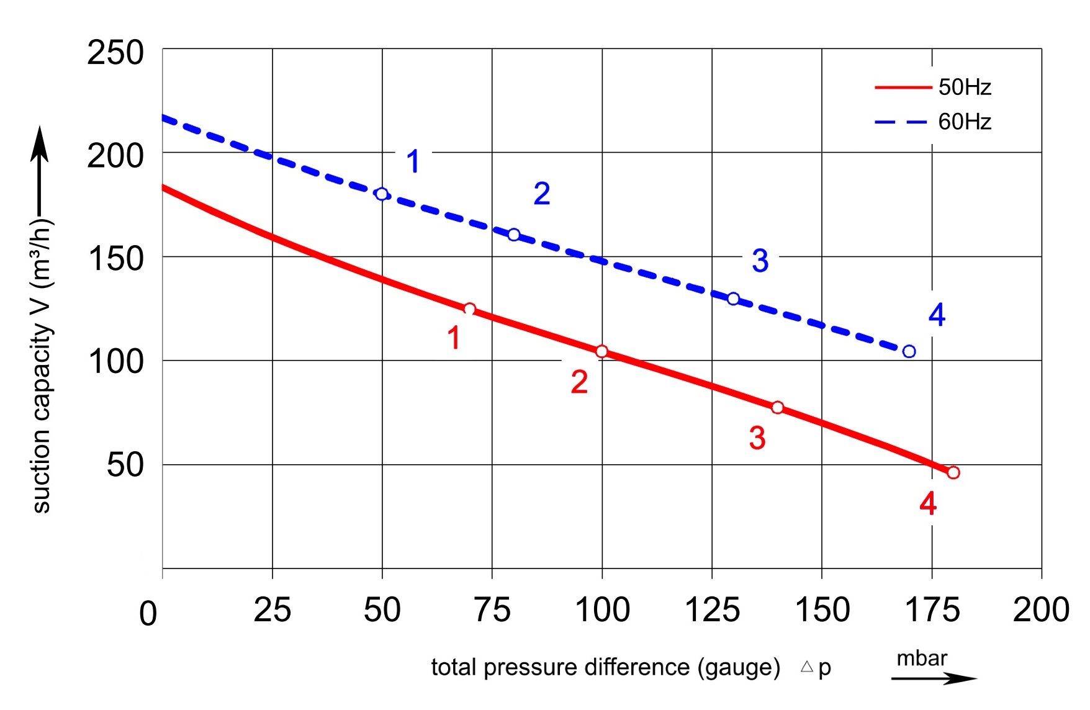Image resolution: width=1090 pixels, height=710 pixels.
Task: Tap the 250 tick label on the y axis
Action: (x=115, y=53)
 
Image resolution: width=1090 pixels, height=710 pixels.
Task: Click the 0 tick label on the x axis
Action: (x=148, y=614)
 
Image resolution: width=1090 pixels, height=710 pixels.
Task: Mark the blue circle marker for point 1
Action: (x=382, y=194)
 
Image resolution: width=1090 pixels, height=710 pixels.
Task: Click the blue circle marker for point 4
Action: (x=909, y=352)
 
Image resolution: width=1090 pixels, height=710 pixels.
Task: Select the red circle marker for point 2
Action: (x=601, y=352)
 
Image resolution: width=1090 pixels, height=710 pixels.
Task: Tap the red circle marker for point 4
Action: (x=953, y=473)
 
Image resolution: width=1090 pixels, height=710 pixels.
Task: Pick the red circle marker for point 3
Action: (x=777, y=408)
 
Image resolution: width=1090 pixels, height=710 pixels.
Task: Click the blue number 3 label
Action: (x=760, y=261)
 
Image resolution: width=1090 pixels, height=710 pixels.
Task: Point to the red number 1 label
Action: (x=454, y=338)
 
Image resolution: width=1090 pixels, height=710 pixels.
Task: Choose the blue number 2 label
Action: (x=542, y=194)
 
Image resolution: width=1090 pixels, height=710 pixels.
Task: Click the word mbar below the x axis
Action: (x=922, y=658)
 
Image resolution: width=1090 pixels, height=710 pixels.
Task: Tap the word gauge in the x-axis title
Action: (x=739, y=668)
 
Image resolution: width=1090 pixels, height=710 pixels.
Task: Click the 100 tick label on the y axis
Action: (x=115, y=361)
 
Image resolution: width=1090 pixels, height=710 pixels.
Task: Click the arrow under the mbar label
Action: (x=934, y=678)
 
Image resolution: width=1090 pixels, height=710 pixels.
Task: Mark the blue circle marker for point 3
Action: (x=733, y=299)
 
